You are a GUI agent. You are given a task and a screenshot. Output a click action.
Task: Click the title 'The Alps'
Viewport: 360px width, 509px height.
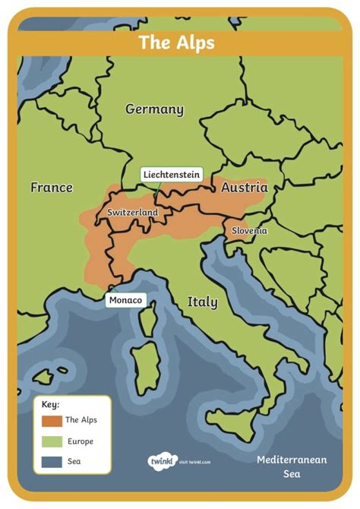coord(176,43)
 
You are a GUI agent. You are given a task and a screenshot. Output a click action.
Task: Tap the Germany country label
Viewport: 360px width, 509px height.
coord(154,109)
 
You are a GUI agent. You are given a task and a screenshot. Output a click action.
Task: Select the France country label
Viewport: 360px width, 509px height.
coord(52,187)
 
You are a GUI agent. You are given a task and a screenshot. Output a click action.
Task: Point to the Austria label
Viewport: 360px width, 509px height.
coord(244,187)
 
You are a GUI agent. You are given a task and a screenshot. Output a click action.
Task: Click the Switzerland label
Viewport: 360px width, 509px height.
coord(132,213)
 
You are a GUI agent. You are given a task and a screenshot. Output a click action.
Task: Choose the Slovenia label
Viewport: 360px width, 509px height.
coord(250,230)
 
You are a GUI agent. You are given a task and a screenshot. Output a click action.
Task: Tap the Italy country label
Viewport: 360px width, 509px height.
coord(202,302)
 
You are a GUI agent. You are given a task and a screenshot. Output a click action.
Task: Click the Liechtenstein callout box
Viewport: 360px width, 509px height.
coord(172,175)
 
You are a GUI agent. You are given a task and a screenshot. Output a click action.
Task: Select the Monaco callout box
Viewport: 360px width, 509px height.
coord(125,300)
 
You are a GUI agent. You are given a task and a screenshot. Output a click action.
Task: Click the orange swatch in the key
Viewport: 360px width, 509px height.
coord(52,420)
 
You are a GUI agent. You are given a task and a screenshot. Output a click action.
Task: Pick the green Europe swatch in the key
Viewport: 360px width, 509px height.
coord(52,441)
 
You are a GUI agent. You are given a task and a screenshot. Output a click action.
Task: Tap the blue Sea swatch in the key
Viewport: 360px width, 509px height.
coord(52,461)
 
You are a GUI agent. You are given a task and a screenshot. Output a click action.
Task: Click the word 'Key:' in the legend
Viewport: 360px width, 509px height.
coord(51,404)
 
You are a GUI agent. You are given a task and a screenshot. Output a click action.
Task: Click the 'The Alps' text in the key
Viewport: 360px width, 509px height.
coord(81,420)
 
